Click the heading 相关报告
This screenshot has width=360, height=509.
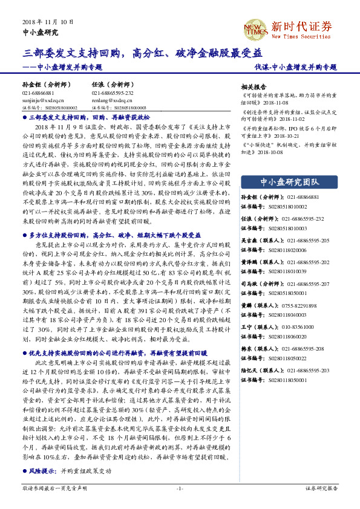(x=254, y=87)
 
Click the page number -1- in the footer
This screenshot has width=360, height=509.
(x=179, y=487)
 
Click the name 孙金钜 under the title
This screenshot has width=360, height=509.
(x=31, y=85)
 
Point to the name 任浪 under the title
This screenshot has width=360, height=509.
(x=98, y=85)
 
